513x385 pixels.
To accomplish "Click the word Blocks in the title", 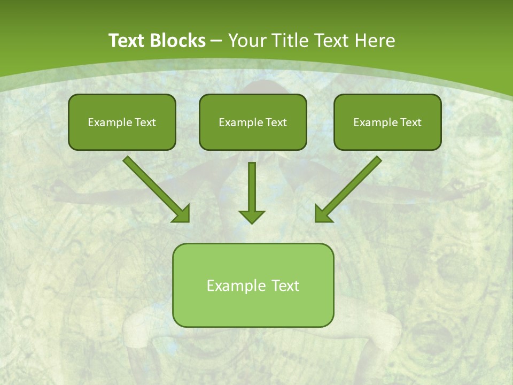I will point(177,41).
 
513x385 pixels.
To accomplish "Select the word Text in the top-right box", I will point(411,122).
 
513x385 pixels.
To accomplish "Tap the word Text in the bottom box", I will point(285,286).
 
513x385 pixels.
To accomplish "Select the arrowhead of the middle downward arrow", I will point(252,217).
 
